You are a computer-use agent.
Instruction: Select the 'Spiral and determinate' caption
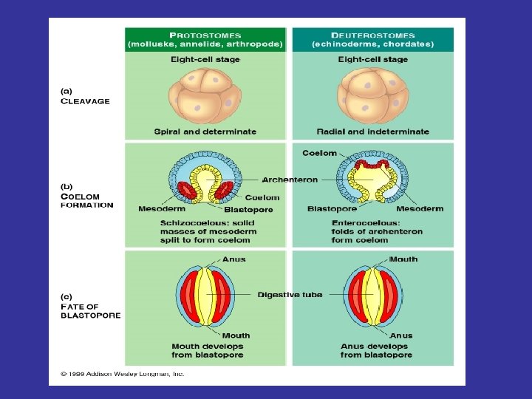point(205,132)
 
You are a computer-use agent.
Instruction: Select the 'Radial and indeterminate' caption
point(372,132)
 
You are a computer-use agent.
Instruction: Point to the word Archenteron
point(290,180)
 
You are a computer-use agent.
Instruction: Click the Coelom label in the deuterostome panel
point(319,153)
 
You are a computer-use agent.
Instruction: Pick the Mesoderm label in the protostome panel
point(161,209)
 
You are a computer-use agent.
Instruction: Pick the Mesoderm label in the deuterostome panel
point(419,209)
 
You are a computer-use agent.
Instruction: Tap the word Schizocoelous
point(190,222)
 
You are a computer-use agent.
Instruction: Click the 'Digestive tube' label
point(290,295)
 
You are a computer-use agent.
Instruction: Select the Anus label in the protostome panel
point(233,259)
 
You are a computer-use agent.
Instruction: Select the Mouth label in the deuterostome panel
point(403,259)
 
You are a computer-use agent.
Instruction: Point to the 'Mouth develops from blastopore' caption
point(207,350)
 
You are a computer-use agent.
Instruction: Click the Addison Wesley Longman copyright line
point(122,374)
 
